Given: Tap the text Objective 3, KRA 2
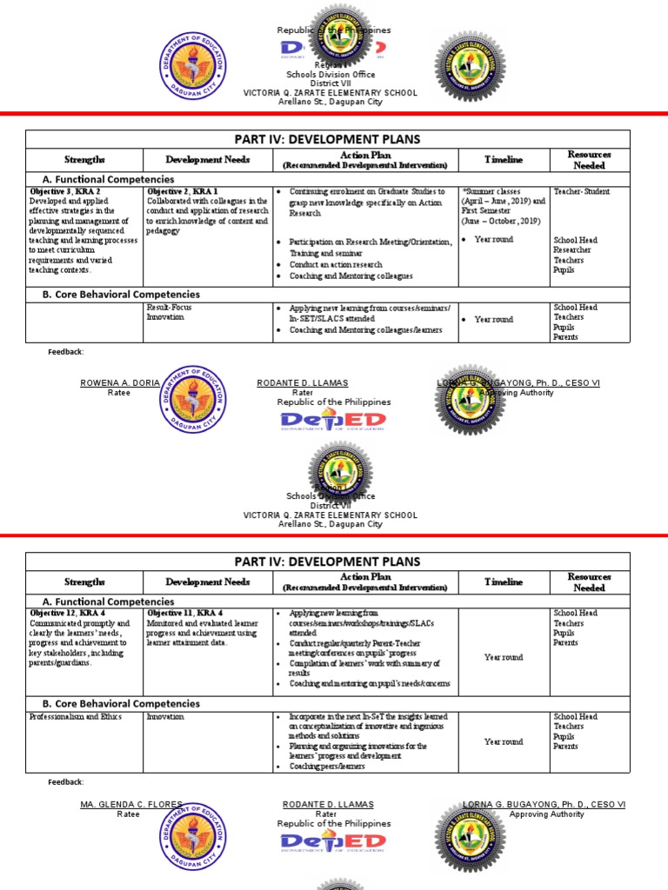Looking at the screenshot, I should tap(65, 191).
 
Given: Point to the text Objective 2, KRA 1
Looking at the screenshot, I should tap(183, 191).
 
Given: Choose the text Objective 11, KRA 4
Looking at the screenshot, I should tap(184, 614).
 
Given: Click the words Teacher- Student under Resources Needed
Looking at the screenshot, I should tap(581, 191).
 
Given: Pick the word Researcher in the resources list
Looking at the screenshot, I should tap(572, 250).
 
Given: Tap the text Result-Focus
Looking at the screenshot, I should tap(169, 308).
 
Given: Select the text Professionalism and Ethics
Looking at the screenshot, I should tap(76, 717).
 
